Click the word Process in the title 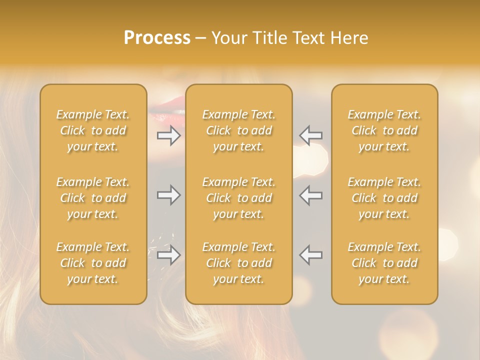tap(157, 38)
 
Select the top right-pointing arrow tap(169, 135)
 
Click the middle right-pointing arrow tap(169, 195)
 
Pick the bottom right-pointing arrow tap(169, 255)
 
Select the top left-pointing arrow tap(310, 135)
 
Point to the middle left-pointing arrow tap(310, 195)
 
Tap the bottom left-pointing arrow tap(310, 255)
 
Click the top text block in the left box tap(93, 130)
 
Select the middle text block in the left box tap(93, 198)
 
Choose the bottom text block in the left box tap(93, 263)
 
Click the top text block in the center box tap(239, 130)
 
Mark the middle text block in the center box tap(239, 198)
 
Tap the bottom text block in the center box tap(239, 263)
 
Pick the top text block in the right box tap(384, 130)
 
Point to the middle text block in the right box tap(384, 198)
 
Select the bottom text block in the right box tap(384, 263)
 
